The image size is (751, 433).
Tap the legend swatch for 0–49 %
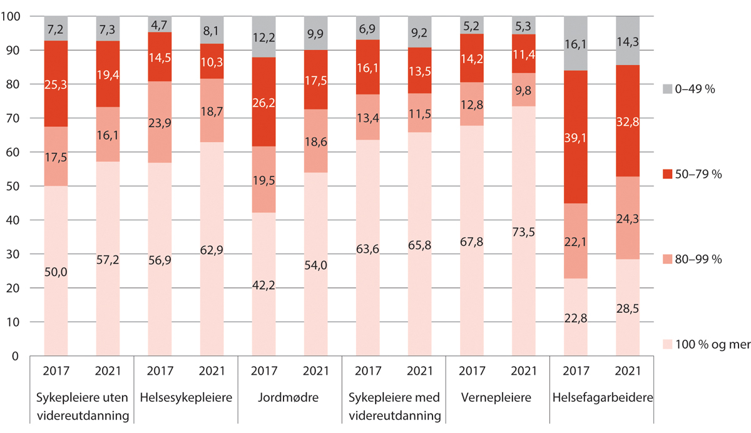click(x=668, y=89)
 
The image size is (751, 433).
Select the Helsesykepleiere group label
click(x=186, y=397)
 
